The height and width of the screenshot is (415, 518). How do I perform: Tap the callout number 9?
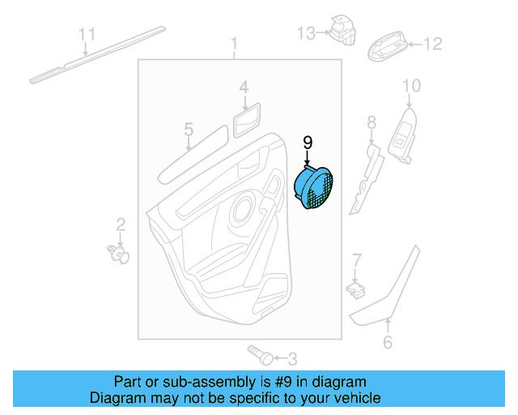point(308,143)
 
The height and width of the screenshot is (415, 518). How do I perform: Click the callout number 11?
point(87,33)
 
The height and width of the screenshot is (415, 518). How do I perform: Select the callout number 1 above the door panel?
point(235,42)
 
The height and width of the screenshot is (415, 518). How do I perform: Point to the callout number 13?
point(305,33)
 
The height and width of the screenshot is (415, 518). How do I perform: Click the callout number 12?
point(434,44)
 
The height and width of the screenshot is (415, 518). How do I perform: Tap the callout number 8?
point(372,122)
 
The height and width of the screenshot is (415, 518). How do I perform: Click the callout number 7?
point(355,259)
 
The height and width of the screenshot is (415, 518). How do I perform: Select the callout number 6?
point(388,343)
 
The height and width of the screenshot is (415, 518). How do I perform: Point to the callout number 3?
point(292,357)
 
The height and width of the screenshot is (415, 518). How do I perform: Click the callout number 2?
point(120,224)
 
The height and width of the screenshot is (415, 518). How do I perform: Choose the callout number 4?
point(244,87)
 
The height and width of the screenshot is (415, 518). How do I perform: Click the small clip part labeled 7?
point(354,286)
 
